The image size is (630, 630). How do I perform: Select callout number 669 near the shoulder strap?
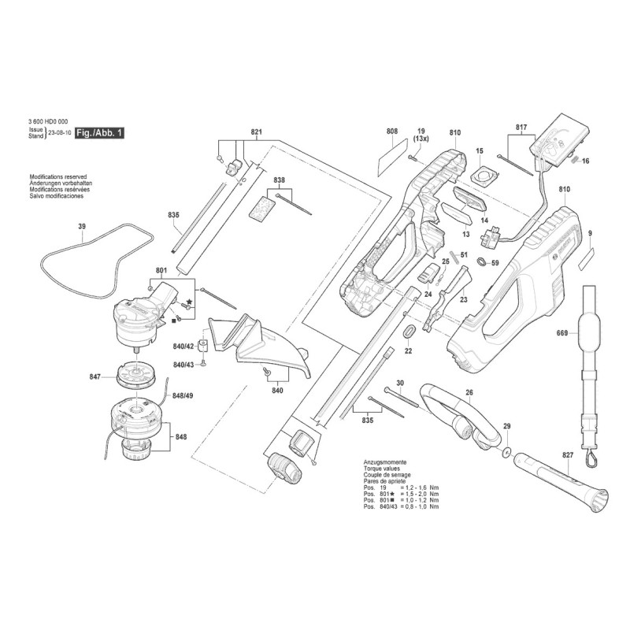point(561,334)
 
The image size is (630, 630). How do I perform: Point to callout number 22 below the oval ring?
point(408,352)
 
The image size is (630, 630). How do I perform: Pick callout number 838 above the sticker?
point(279,180)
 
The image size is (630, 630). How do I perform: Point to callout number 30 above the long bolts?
point(400,383)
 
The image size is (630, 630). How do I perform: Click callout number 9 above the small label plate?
point(590,234)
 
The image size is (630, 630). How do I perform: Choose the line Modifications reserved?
point(57,178)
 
